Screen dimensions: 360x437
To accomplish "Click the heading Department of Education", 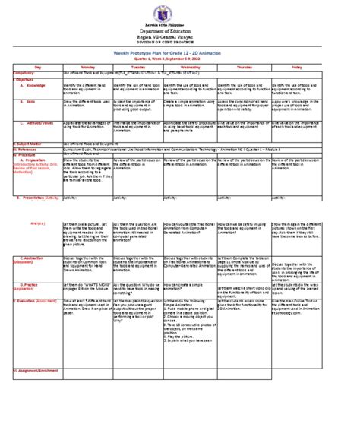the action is [x=181, y=35].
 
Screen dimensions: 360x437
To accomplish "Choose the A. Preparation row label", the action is [x=33, y=182].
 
